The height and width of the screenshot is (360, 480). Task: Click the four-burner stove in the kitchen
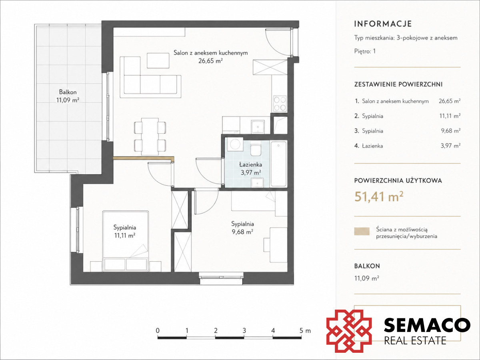(x=280, y=104)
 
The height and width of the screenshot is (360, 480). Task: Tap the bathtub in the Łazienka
(x=278, y=164)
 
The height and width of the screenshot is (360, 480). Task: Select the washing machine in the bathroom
(x=235, y=144)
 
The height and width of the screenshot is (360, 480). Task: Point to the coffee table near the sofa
(x=158, y=60)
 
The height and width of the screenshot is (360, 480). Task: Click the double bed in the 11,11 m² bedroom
(x=126, y=241)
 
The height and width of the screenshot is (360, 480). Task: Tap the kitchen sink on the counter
(x=258, y=126)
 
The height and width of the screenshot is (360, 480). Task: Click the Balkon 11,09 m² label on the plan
(x=68, y=96)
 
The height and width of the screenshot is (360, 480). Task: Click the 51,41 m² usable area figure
(x=379, y=196)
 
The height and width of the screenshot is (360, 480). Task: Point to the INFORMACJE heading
(x=383, y=24)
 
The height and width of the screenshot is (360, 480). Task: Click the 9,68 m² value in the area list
(x=451, y=131)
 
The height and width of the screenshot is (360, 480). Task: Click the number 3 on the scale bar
(x=244, y=330)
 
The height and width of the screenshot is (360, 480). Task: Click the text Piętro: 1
(x=365, y=51)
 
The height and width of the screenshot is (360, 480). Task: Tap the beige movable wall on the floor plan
(x=144, y=158)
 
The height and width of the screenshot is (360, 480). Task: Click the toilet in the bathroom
(x=256, y=150)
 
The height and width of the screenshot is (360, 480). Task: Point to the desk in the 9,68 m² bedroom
(x=276, y=245)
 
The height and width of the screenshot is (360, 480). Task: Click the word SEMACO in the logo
(x=427, y=326)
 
